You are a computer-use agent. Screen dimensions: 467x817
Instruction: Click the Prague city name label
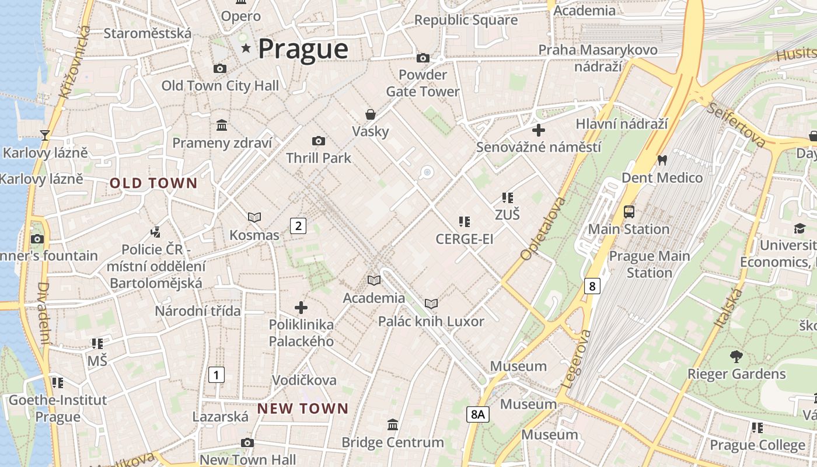point(303,49)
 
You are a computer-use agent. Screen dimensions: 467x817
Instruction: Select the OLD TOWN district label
point(154,183)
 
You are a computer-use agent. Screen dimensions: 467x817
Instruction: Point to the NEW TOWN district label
point(302,409)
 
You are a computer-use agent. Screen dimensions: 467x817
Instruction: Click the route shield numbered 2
point(298,225)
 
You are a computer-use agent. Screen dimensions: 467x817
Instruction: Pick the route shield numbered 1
point(216,374)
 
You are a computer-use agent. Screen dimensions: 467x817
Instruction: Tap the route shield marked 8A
point(477,414)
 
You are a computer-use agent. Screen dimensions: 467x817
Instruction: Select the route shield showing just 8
point(592,286)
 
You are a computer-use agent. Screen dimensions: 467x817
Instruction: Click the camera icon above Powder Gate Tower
point(423,58)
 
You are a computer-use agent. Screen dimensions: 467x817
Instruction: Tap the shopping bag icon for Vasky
point(370,114)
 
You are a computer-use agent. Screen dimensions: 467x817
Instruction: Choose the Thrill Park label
point(319,158)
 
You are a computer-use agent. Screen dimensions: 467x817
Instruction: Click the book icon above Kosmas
point(254,218)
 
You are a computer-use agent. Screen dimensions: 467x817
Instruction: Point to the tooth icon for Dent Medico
point(662,160)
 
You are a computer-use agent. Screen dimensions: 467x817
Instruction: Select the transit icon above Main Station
point(629,212)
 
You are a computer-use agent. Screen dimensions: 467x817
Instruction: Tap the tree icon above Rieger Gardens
point(736,356)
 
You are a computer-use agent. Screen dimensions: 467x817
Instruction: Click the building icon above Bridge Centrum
point(393,424)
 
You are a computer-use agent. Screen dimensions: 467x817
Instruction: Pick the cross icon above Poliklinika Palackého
point(301,307)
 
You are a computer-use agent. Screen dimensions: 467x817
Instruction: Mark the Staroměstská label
point(147,33)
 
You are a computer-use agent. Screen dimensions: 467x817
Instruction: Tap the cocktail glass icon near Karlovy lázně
point(45,135)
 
